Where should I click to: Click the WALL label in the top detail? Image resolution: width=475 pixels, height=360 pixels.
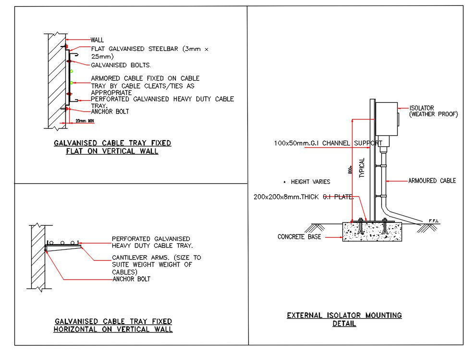click(x=97, y=40)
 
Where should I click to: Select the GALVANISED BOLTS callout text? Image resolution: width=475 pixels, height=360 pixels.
click(x=121, y=65)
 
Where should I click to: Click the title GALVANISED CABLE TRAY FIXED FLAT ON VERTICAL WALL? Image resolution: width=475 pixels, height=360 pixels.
click(x=112, y=147)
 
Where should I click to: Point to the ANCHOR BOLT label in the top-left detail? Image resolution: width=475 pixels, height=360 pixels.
click(x=110, y=111)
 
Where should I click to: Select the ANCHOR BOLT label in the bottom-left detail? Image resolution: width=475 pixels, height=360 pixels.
click(x=131, y=279)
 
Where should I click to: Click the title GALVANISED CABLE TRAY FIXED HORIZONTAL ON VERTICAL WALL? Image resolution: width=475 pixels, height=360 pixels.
click(x=113, y=325)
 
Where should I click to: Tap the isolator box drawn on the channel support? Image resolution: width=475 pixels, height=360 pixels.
click(x=387, y=119)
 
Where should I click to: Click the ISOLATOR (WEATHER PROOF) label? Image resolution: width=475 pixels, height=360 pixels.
click(x=433, y=111)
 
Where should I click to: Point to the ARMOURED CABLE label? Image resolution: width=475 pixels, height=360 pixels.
click(x=432, y=180)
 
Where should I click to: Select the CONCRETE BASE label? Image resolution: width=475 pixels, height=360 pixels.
click(x=299, y=237)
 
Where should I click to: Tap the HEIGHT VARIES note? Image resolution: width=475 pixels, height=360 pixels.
click(x=310, y=182)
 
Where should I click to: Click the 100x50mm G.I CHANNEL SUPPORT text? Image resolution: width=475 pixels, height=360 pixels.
click(x=328, y=143)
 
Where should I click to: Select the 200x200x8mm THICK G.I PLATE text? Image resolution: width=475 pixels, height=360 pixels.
click(x=304, y=197)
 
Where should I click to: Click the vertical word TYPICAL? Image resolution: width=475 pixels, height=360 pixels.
click(x=362, y=168)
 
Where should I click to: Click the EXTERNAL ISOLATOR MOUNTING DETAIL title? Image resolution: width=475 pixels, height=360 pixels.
click(x=344, y=319)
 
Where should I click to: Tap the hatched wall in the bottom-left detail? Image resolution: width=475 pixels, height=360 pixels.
click(x=38, y=257)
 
